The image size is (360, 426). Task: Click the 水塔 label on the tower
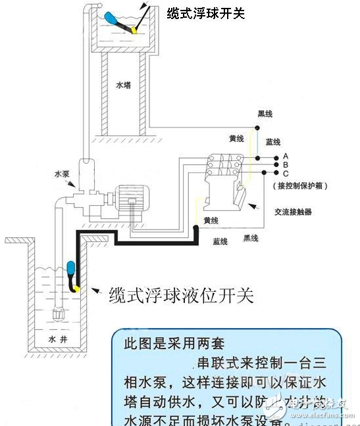123,85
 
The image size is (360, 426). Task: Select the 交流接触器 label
292,212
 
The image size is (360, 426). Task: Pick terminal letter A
286,156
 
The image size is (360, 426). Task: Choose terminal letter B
286,164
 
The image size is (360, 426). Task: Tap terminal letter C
286,173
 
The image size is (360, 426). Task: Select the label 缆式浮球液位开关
180,295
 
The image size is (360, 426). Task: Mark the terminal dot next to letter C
265,173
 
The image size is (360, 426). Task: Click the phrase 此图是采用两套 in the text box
167,344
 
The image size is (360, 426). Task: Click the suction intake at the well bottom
55,312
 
